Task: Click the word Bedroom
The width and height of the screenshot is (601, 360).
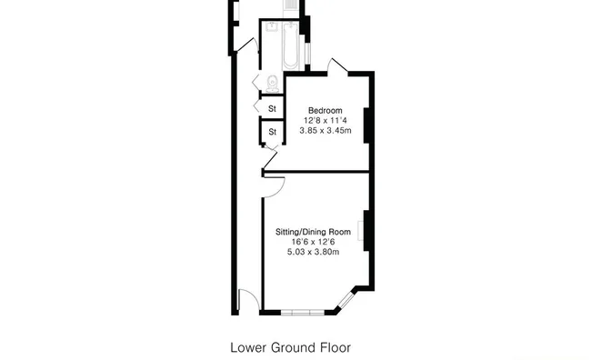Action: pyautogui.click(x=325, y=110)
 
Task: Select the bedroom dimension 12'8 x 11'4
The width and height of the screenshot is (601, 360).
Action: pyautogui.click(x=325, y=120)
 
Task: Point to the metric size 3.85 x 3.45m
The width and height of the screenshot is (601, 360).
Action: pyautogui.click(x=325, y=130)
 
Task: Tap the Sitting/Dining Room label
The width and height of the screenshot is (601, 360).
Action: pyautogui.click(x=313, y=232)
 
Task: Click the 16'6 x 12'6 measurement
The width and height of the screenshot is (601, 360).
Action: pyautogui.click(x=313, y=242)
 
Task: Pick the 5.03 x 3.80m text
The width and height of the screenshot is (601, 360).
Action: pyautogui.click(x=313, y=252)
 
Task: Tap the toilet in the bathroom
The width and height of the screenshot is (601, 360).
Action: pyautogui.click(x=273, y=84)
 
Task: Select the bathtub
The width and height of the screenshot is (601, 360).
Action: pyautogui.click(x=290, y=45)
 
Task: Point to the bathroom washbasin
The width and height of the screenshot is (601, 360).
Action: pyautogui.click(x=272, y=26)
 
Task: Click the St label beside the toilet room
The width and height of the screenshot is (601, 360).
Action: pyautogui.click(x=272, y=109)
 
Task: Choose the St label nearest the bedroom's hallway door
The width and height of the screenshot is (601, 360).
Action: pyautogui.click(x=272, y=132)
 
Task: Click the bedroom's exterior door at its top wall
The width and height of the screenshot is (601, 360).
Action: pyautogui.click(x=337, y=65)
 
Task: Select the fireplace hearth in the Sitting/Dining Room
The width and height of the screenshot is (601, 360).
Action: pyautogui.click(x=360, y=231)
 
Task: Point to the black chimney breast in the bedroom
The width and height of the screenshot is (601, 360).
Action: pyautogui.click(x=366, y=125)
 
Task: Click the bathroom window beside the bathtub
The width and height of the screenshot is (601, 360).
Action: pyautogui.click(x=307, y=53)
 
